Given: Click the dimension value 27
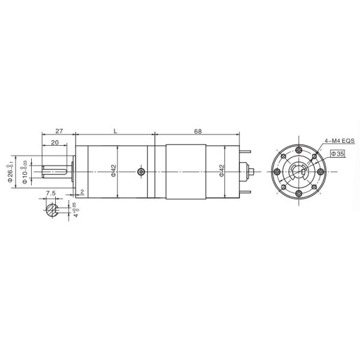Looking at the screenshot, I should pyautogui.click(x=59, y=131).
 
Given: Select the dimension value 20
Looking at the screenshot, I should pyautogui.click(x=55, y=142).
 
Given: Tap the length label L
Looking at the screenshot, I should pyautogui.click(x=115, y=131).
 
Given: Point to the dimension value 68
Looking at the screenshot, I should pyautogui.click(x=199, y=131).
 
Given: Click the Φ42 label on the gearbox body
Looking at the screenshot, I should pyautogui.click(x=114, y=172).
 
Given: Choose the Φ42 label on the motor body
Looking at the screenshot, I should pyautogui.click(x=222, y=172).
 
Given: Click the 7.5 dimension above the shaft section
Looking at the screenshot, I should pyautogui.click(x=51, y=193).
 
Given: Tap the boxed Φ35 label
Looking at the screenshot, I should pyautogui.click(x=338, y=154).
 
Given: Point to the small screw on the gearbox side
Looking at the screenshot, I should pyautogui.click(x=140, y=172).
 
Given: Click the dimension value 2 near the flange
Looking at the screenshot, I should pyautogui.click(x=82, y=192).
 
